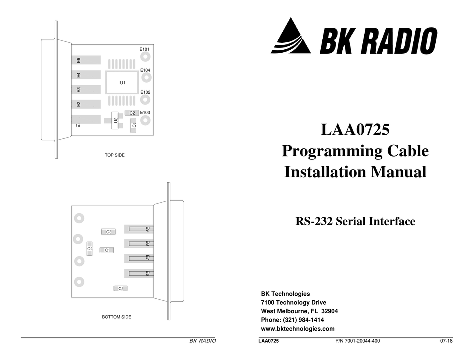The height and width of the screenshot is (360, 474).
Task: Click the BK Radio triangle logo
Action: (291, 37)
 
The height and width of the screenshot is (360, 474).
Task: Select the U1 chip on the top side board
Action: (122, 82)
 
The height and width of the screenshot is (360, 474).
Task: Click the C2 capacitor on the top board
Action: (132, 113)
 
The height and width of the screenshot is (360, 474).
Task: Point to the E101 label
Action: (145, 49)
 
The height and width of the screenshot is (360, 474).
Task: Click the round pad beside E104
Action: (145, 79)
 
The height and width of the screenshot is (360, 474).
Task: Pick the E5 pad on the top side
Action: (86, 60)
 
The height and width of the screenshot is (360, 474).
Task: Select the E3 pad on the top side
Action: (86, 90)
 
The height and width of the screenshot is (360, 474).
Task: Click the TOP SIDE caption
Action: (114, 155)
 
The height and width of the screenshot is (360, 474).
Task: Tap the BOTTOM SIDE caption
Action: (116, 317)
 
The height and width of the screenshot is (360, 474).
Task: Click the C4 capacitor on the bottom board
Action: (90, 248)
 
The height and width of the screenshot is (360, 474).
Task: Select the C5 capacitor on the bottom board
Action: (120, 289)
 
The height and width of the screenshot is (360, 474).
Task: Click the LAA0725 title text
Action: (355, 131)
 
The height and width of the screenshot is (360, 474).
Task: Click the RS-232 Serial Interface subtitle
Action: (355, 221)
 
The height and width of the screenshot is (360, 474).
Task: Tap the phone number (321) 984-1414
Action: (292, 320)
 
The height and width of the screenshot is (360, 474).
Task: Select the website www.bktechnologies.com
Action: (298, 329)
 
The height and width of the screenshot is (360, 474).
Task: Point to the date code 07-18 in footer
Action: (446, 341)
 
